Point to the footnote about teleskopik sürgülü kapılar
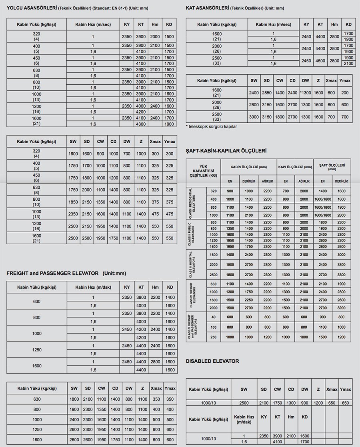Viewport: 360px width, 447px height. tap(212, 126)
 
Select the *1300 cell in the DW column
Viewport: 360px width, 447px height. tap(305, 93)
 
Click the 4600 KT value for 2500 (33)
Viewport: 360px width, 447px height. tap(320, 61)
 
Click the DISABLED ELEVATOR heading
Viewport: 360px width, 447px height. tap(212, 361)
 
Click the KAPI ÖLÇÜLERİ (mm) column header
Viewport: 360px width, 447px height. tap(295, 167)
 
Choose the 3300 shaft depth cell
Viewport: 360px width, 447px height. tap(341, 265)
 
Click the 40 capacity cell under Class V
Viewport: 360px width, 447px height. tap(213, 317)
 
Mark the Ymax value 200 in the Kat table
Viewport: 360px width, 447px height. tap(344, 93)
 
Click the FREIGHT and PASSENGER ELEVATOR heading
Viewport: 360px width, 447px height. tap(52, 273)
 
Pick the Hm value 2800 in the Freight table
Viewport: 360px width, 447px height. tap(155, 361)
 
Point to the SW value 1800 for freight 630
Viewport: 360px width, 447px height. tap(74, 399)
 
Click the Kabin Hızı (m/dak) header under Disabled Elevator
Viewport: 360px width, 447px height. tap(244, 419)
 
